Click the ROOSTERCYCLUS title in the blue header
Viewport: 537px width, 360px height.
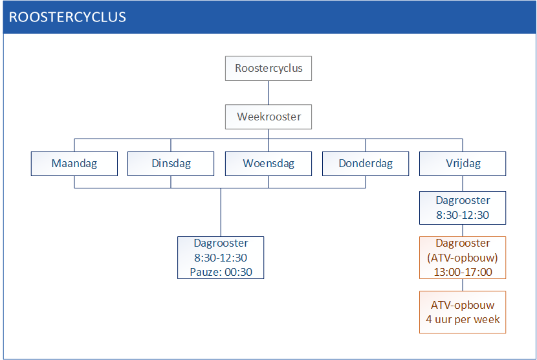67,17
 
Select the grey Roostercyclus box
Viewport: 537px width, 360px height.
268,68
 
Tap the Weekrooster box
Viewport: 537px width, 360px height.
268,117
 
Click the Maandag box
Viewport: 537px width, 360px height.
74,164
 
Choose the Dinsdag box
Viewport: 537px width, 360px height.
171,164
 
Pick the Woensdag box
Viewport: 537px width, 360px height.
268,164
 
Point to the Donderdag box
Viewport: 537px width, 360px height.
366,164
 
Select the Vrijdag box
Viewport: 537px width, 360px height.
463,164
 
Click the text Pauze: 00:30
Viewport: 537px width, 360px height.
221,272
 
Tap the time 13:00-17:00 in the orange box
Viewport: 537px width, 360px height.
463,272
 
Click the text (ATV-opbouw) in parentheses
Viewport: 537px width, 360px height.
463,258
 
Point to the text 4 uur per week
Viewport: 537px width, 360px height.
463,320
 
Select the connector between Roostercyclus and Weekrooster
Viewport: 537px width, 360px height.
268,93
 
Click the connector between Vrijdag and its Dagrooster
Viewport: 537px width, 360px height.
463,183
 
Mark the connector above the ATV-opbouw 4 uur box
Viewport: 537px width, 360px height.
463,285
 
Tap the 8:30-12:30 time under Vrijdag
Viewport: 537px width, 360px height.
463,215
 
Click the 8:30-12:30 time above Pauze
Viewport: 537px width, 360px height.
221,258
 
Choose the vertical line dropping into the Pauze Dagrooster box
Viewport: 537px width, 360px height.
221,212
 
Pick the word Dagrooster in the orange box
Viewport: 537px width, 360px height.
463,243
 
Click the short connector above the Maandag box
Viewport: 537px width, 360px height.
74,145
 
